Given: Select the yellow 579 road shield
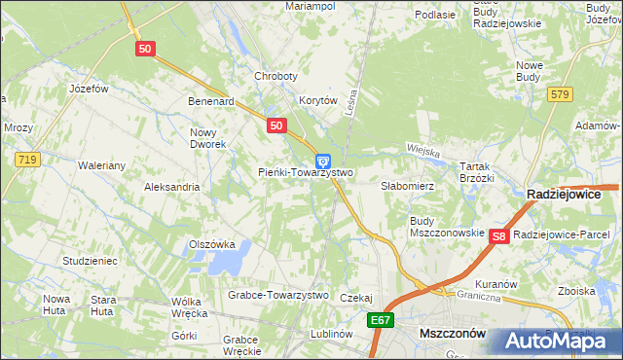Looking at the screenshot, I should [559, 94].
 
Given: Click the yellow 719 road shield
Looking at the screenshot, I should [26, 157].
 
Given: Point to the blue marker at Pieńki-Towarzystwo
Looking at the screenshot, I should [323, 162].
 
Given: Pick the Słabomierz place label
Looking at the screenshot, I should [406, 184].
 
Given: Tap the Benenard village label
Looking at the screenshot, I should [212, 100].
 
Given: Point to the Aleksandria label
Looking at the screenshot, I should [171, 187].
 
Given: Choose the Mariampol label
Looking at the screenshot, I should [310, 6].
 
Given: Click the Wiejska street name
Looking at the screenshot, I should [423, 153].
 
